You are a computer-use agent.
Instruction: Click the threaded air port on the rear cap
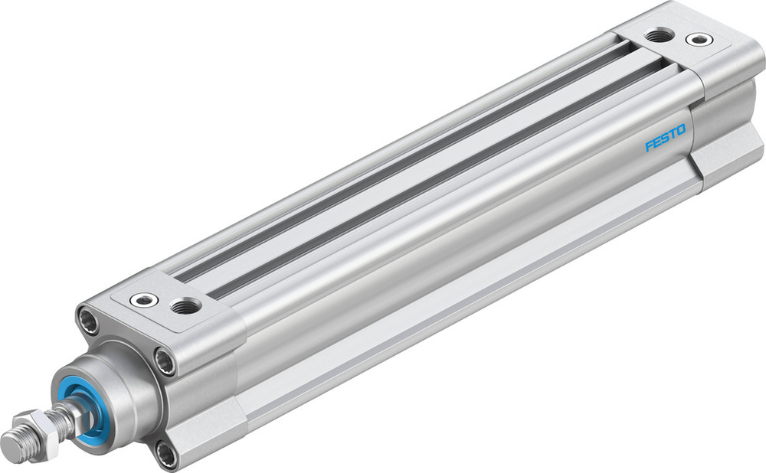(656, 34)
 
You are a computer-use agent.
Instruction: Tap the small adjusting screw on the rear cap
(697, 38)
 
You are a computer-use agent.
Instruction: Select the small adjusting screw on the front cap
(143, 299)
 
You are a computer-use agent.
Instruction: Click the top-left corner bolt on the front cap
(89, 316)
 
